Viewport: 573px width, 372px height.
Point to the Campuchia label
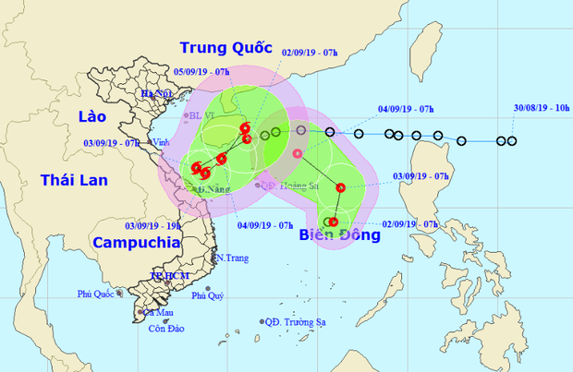coord(136,243)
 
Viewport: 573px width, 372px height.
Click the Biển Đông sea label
coord(340,234)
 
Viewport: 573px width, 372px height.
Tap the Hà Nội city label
coord(157,94)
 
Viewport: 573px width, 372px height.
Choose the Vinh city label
coord(161,142)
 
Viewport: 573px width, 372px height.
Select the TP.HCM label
coord(169,276)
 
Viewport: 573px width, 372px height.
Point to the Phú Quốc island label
coord(100,294)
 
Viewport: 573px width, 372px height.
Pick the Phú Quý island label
coord(208,296)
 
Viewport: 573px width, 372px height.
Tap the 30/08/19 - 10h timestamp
coord(540,108)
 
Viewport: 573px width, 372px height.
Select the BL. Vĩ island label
coord(201,116)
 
